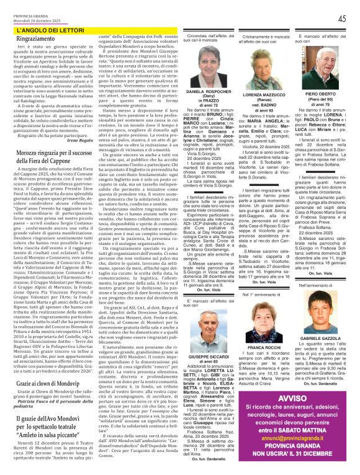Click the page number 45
(342, 19)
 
